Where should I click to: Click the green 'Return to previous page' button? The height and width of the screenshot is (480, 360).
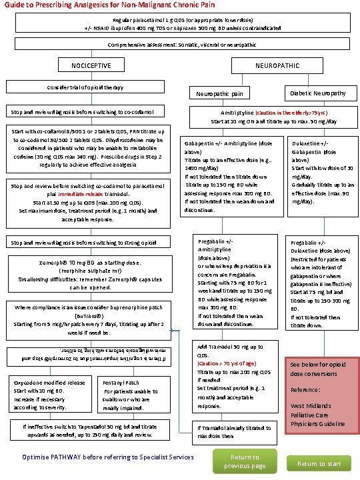244,461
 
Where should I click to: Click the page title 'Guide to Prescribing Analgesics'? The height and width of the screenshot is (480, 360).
98,5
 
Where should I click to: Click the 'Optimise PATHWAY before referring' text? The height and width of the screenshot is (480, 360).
107,457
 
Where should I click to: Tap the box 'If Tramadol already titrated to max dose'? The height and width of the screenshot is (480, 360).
231,431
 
